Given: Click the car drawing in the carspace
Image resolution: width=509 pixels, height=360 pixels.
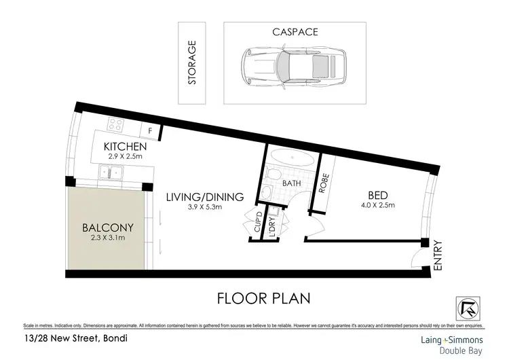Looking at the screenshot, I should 295,66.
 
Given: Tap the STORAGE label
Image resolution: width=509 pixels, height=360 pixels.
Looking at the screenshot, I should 192,63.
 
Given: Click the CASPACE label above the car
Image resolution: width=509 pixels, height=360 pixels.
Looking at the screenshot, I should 295,32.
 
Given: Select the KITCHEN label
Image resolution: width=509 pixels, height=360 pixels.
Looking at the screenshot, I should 125,147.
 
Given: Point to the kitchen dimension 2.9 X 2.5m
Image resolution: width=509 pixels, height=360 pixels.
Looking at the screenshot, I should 125,157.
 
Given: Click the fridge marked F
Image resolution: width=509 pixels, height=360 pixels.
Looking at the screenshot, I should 149,130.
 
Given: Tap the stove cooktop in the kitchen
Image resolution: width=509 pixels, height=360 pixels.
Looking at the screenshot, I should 115,126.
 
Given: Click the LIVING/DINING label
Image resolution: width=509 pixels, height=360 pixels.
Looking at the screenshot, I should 204,198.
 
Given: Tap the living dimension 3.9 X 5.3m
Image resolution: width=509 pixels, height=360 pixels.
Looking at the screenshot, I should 204,208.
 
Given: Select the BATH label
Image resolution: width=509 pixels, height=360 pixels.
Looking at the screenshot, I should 292,183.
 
